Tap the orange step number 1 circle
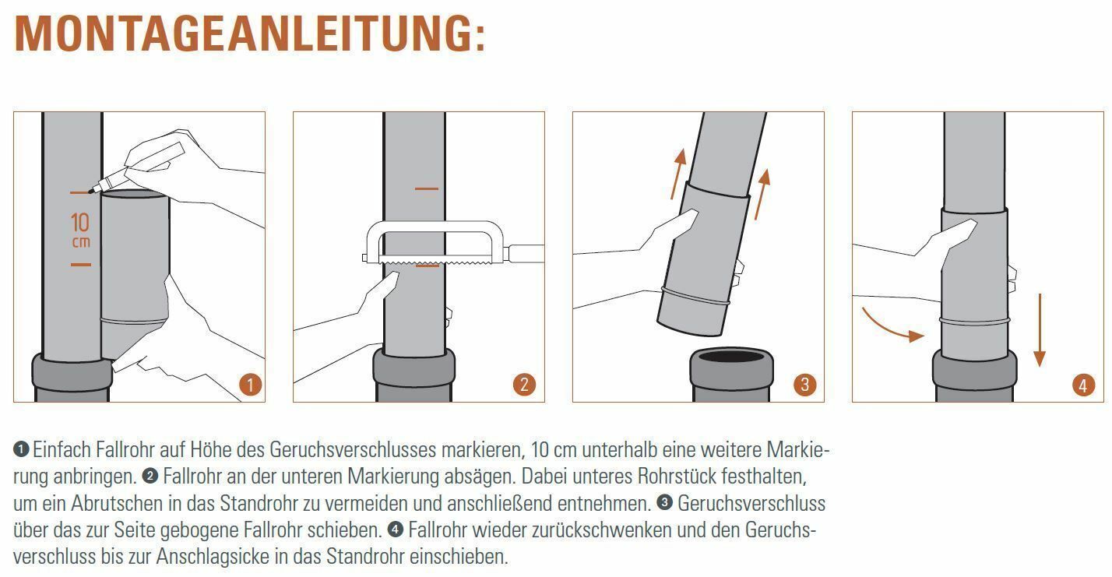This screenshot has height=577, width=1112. [250, 385]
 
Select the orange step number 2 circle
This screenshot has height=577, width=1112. [524, 385]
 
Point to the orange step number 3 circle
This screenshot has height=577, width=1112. [804, 385]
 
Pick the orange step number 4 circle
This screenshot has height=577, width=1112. [1082, 385]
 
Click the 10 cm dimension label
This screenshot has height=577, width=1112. [80, 230]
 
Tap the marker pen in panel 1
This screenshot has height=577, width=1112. [136, 167]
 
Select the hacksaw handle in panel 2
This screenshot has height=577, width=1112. [525, 253]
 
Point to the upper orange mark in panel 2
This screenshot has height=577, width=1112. [427, 188]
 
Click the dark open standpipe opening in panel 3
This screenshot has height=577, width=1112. [732, 356]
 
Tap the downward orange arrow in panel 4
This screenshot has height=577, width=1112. [1040, 330]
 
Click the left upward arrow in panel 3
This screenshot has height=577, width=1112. [678, 174]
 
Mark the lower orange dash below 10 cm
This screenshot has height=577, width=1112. [80, 265]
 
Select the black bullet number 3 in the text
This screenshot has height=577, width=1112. [664, 502]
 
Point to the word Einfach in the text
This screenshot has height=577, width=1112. [62, 449]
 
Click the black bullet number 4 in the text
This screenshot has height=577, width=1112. [395, 530]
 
